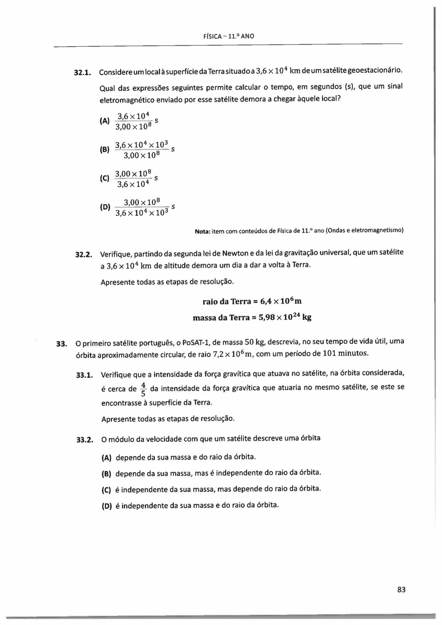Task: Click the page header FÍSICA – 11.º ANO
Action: coord(228,36)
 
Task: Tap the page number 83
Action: coord(401,589)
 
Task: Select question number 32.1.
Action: coord(82,73)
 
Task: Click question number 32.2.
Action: coord(83,255)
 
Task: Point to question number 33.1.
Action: coord(85,375)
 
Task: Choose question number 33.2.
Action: coord(85,440)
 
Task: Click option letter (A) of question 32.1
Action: coord(104,121)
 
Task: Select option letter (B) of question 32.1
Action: coord(104,150)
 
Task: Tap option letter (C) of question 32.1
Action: coord(104,178)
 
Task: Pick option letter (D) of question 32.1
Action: coord(105,207)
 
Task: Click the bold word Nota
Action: coord(202,231)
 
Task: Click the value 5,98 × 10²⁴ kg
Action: coord(285,317)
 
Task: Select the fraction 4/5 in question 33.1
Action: coord(143,389)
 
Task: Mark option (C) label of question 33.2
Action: coord(106,490)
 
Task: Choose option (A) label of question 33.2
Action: coord(106,457)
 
